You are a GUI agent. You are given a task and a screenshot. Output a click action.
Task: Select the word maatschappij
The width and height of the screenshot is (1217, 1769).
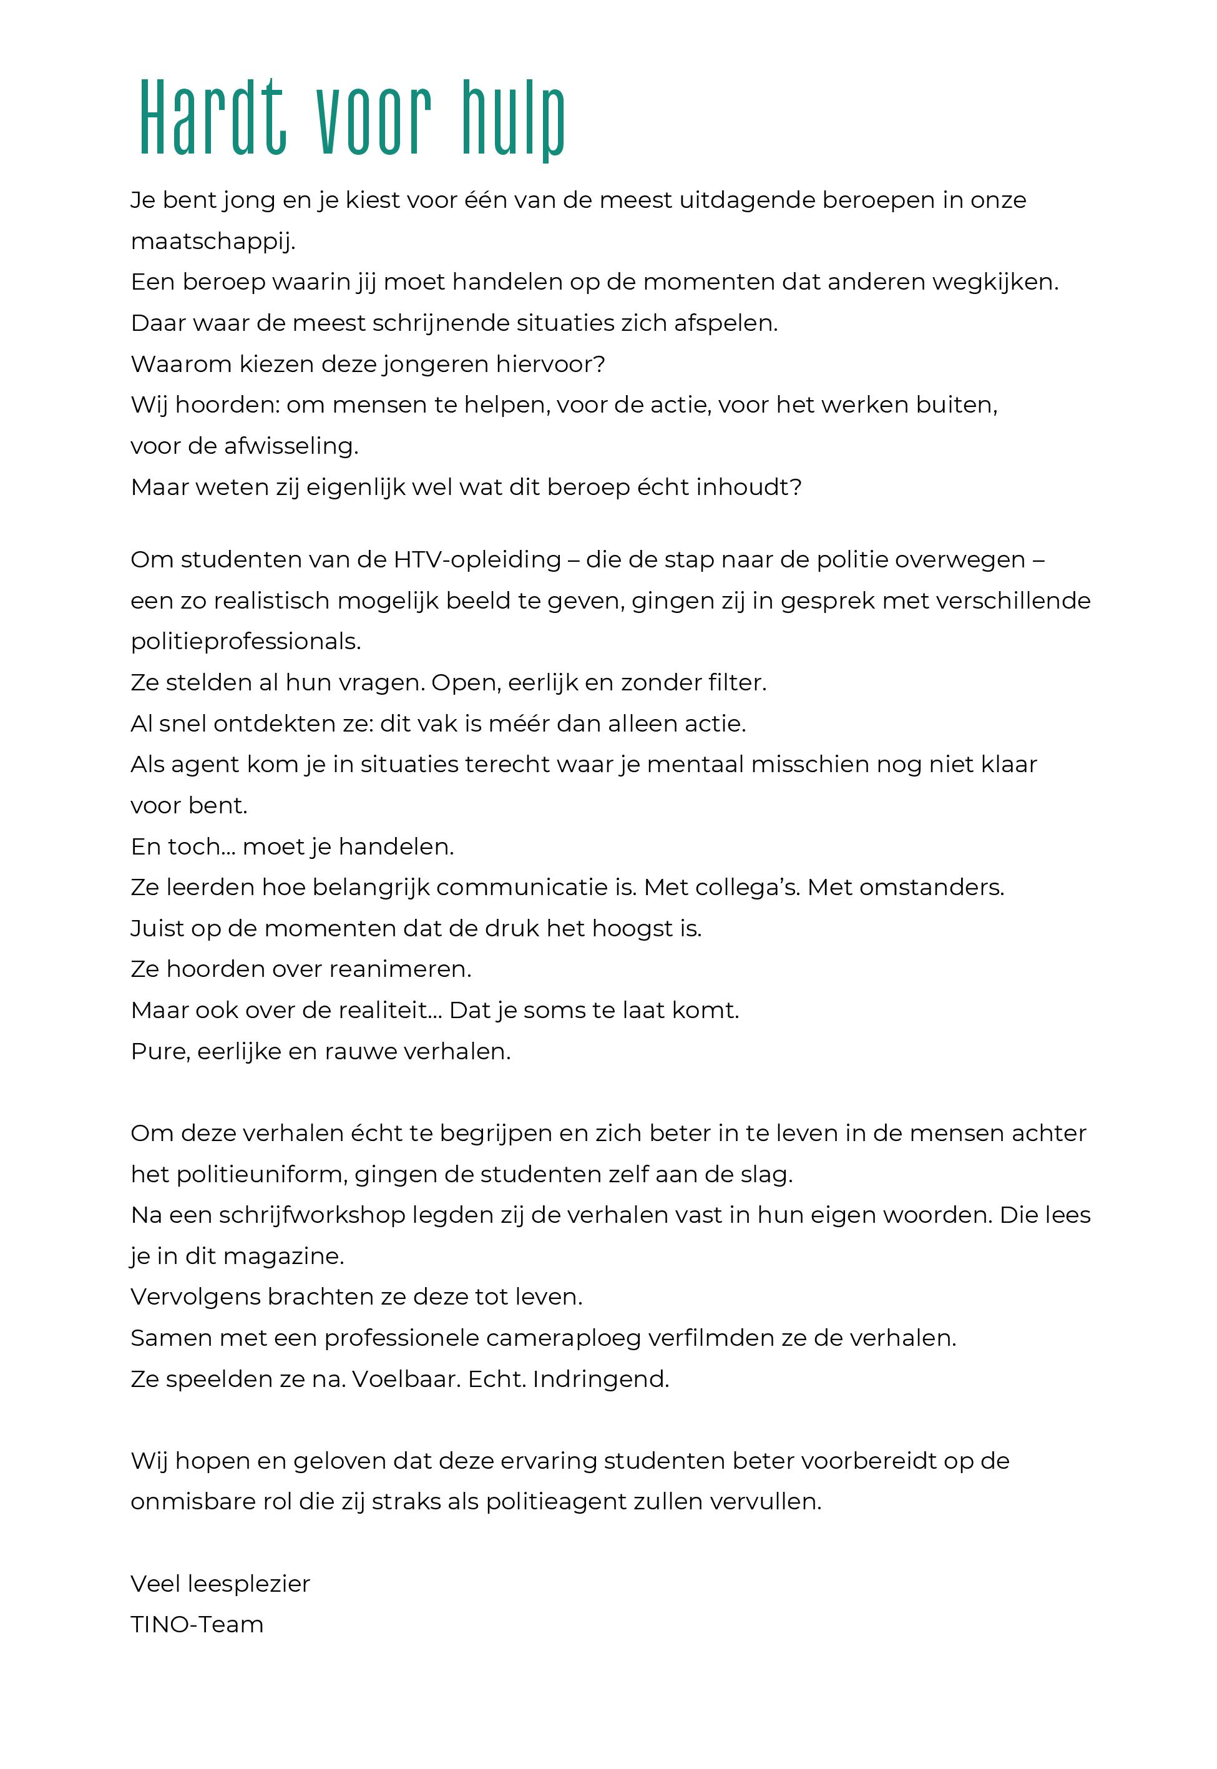[213, 242]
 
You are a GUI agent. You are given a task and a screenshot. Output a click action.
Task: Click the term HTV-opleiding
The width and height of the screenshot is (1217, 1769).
[477, 560]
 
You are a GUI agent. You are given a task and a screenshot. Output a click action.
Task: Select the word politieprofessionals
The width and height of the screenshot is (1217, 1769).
[245, 641]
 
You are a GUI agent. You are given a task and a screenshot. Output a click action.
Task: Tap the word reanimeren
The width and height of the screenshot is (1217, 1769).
[396, 969]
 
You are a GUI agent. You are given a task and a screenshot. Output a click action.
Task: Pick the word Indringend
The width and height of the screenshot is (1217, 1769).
[601, 1379]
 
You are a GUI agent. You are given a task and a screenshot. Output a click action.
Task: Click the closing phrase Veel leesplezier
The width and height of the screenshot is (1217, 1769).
[220, 1584]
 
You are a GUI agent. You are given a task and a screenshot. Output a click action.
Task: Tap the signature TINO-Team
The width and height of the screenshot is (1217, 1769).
[197, 1625]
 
